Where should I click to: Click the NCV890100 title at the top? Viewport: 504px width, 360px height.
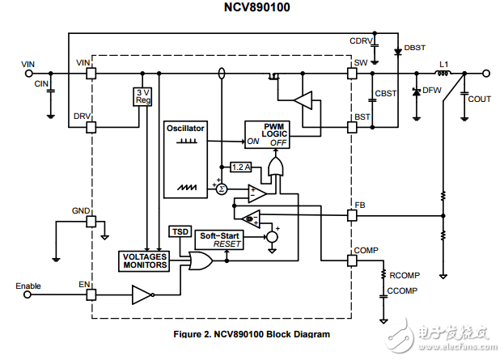pos(252,8)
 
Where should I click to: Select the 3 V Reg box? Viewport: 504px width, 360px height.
pos(142,97)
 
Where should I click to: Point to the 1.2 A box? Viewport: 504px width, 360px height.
pos(242,167)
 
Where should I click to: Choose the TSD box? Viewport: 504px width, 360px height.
pos(180,231)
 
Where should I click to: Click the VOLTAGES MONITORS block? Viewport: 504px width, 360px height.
pos(143,260)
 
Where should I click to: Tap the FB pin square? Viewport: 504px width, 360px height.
pos(352,216)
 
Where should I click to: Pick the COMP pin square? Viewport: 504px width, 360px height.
pos(352,260)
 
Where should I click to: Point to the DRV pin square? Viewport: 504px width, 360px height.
pos(91,126)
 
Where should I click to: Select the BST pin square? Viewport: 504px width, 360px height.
pos(352,126)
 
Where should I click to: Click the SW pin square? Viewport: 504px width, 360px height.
pos(352,74)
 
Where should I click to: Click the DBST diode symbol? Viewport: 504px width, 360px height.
pos(397,51)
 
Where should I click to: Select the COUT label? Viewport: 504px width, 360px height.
pos(480,99)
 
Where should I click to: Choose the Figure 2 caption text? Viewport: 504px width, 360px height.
pos(252,333)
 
